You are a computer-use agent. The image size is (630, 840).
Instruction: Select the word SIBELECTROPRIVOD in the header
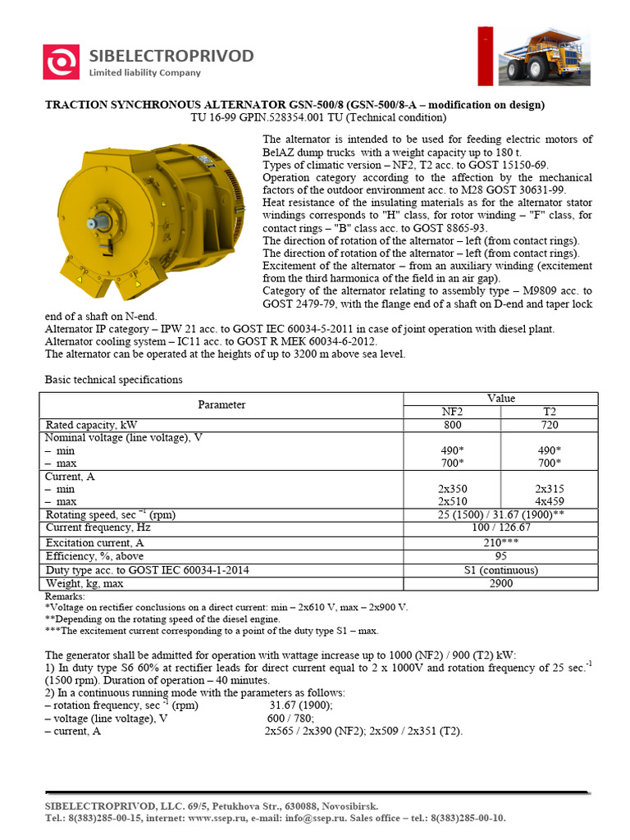pos(171,56)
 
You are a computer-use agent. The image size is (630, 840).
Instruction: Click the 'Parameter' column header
pos(221,404)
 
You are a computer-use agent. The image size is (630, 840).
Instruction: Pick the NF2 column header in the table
pos(452,411)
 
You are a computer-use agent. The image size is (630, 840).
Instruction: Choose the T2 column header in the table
pos(549,411)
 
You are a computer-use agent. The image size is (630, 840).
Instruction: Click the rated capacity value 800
pos(452,425)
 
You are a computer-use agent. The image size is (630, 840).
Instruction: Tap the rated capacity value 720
pos(549,425)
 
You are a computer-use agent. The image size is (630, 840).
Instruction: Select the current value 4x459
pos(549,500)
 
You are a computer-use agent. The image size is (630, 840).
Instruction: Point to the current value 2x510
pos(452,500)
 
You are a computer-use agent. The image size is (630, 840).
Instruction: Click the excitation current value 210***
pos(500,542)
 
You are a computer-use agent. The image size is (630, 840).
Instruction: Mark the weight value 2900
pos(500,583)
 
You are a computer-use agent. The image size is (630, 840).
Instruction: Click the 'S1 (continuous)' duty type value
pos(500,569)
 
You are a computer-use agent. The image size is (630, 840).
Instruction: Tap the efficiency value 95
pos(500,555)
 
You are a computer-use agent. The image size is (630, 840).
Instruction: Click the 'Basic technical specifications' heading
pos(113,380)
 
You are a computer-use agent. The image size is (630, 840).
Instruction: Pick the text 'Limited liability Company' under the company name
pos(144,73)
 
